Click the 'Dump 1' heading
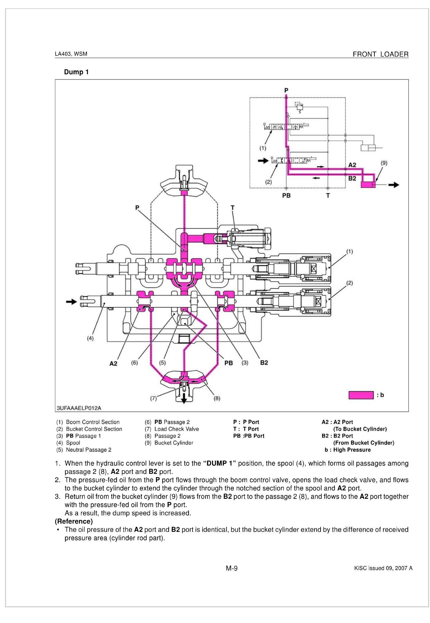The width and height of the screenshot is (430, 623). click(x=76, y=72)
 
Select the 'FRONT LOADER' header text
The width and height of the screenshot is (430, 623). click(x=380, y=54)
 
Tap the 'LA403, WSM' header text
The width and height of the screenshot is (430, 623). click(x=71, y=54)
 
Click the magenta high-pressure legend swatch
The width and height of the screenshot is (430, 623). click(x=361, y=395)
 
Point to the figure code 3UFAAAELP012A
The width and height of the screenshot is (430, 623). click(x=79, y=408)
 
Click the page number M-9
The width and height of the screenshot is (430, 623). click(x=232, y=568)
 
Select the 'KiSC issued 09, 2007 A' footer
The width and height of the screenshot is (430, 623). click(x=383, y=568)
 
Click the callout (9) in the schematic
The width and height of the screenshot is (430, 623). click(x=384, y=163)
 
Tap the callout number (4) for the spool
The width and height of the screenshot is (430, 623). click(x=90, y=338)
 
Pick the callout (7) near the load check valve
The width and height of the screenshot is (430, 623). click(x=153, y=398)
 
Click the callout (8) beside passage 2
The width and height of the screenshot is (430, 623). click(x=217, y=398)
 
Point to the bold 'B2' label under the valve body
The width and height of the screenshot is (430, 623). click(x=264, y=363)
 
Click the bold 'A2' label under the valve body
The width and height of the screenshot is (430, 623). click(x=114, y=363)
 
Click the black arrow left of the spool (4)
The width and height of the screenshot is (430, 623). click(x=71, y=302)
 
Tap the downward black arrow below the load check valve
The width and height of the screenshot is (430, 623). click(x=184, y=400)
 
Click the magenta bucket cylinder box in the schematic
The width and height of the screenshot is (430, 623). click(x=368, y=185)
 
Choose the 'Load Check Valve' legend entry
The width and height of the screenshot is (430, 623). click(x=176, y=429)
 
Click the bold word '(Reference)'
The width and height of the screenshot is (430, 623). click(x=74, y=521)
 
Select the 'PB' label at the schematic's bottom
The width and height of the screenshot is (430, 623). click(x=286, y=196)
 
